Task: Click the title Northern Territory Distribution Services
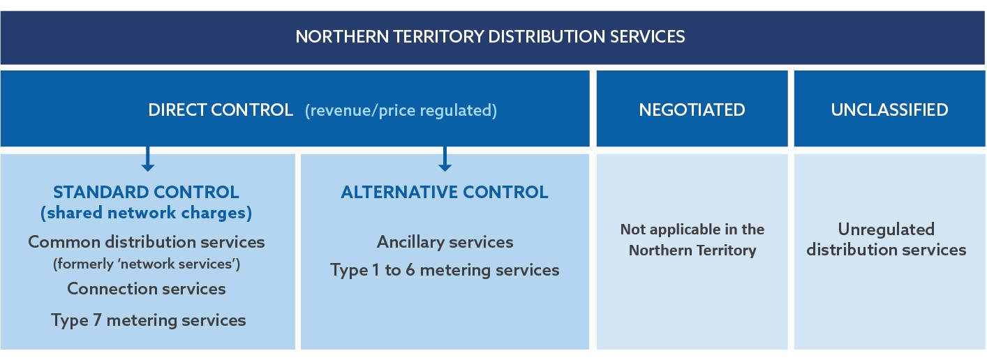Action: [x=490, y=36]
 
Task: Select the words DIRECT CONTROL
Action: [x=221, y=110]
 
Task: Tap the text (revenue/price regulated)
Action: [x=401, y=110]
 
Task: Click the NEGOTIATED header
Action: [x=692, y=110]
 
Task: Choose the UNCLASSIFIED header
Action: [x=889, y=110]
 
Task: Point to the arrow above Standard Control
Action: [x=147, y=158]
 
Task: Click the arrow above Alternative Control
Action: [x=445, y=158]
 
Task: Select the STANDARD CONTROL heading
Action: [x=146, y=192]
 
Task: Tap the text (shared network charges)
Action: [x=146, y=213]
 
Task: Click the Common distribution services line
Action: [x=147, y=242]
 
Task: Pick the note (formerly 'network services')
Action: [x=147, y=264]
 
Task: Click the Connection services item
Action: [x=147, y=289]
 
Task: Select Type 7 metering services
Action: [x=149, y=320]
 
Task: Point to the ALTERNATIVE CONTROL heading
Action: [x=445, y=192]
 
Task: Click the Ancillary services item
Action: [x=445, y=242]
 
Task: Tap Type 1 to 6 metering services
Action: [x=445, y=270]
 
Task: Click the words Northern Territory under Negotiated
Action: [x=692, y=250]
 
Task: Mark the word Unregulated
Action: [x=886, y=229]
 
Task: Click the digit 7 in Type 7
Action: [x=97, y=320]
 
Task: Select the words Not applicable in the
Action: [x=692, y=230]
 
